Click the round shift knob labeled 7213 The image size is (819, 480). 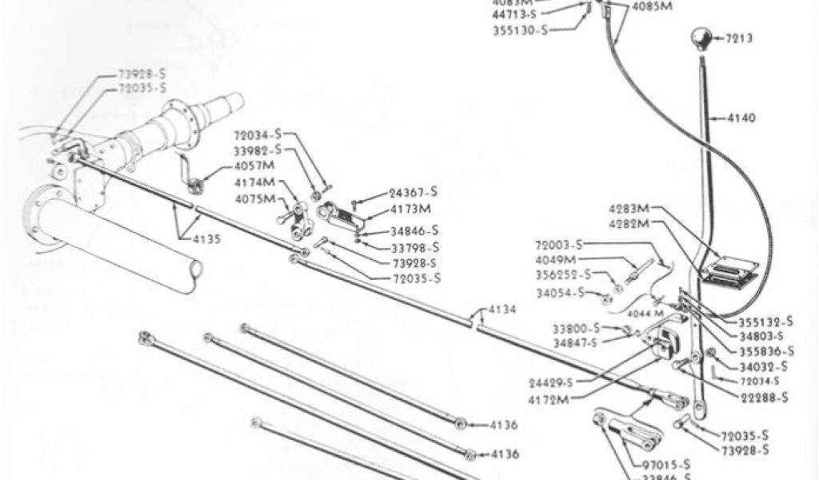point(701,38)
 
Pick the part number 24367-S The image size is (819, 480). point(413,192)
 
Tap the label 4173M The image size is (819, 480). point(411,210)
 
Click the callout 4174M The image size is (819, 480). point(254,183)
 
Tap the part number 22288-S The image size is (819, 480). point(763,398)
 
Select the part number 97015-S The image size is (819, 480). point(665,464)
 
